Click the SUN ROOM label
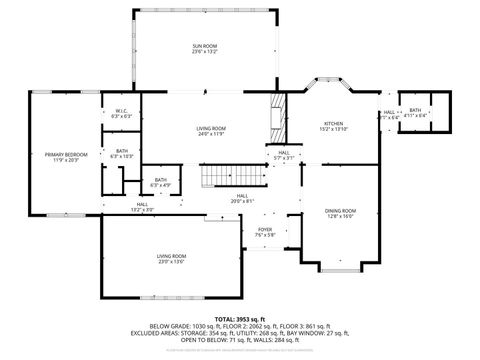point(205,46)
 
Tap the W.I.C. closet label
point(120,111)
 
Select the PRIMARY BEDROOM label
point(66,154)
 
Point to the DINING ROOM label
point(340,210)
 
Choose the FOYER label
point(265,229)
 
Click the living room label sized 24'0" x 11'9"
point(210,128)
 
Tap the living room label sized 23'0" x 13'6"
point(170,256)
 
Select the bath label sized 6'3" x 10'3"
point(121,152)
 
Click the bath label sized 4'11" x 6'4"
point(415,111)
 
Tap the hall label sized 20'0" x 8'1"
point(242,196)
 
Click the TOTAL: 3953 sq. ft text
point(240,318)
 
